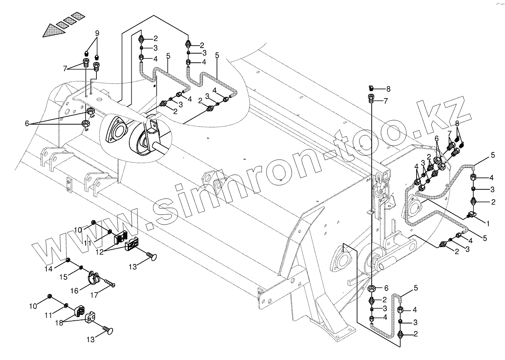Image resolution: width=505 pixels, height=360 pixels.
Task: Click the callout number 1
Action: click(488, 223)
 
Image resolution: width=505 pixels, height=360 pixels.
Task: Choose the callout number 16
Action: click(74, 291)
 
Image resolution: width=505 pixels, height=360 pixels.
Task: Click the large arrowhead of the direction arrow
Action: click(53, 31)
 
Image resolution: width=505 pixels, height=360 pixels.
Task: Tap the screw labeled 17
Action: click(110, 283)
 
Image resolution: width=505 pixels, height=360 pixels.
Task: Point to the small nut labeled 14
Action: click(68, 260)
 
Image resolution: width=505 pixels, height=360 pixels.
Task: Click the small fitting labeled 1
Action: click(471, 215)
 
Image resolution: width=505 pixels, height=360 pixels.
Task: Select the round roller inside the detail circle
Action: click(140, 142)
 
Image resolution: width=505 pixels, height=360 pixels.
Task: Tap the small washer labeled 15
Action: click(81, 267)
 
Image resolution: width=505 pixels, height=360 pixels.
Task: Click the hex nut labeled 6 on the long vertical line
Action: click(372, 289)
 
